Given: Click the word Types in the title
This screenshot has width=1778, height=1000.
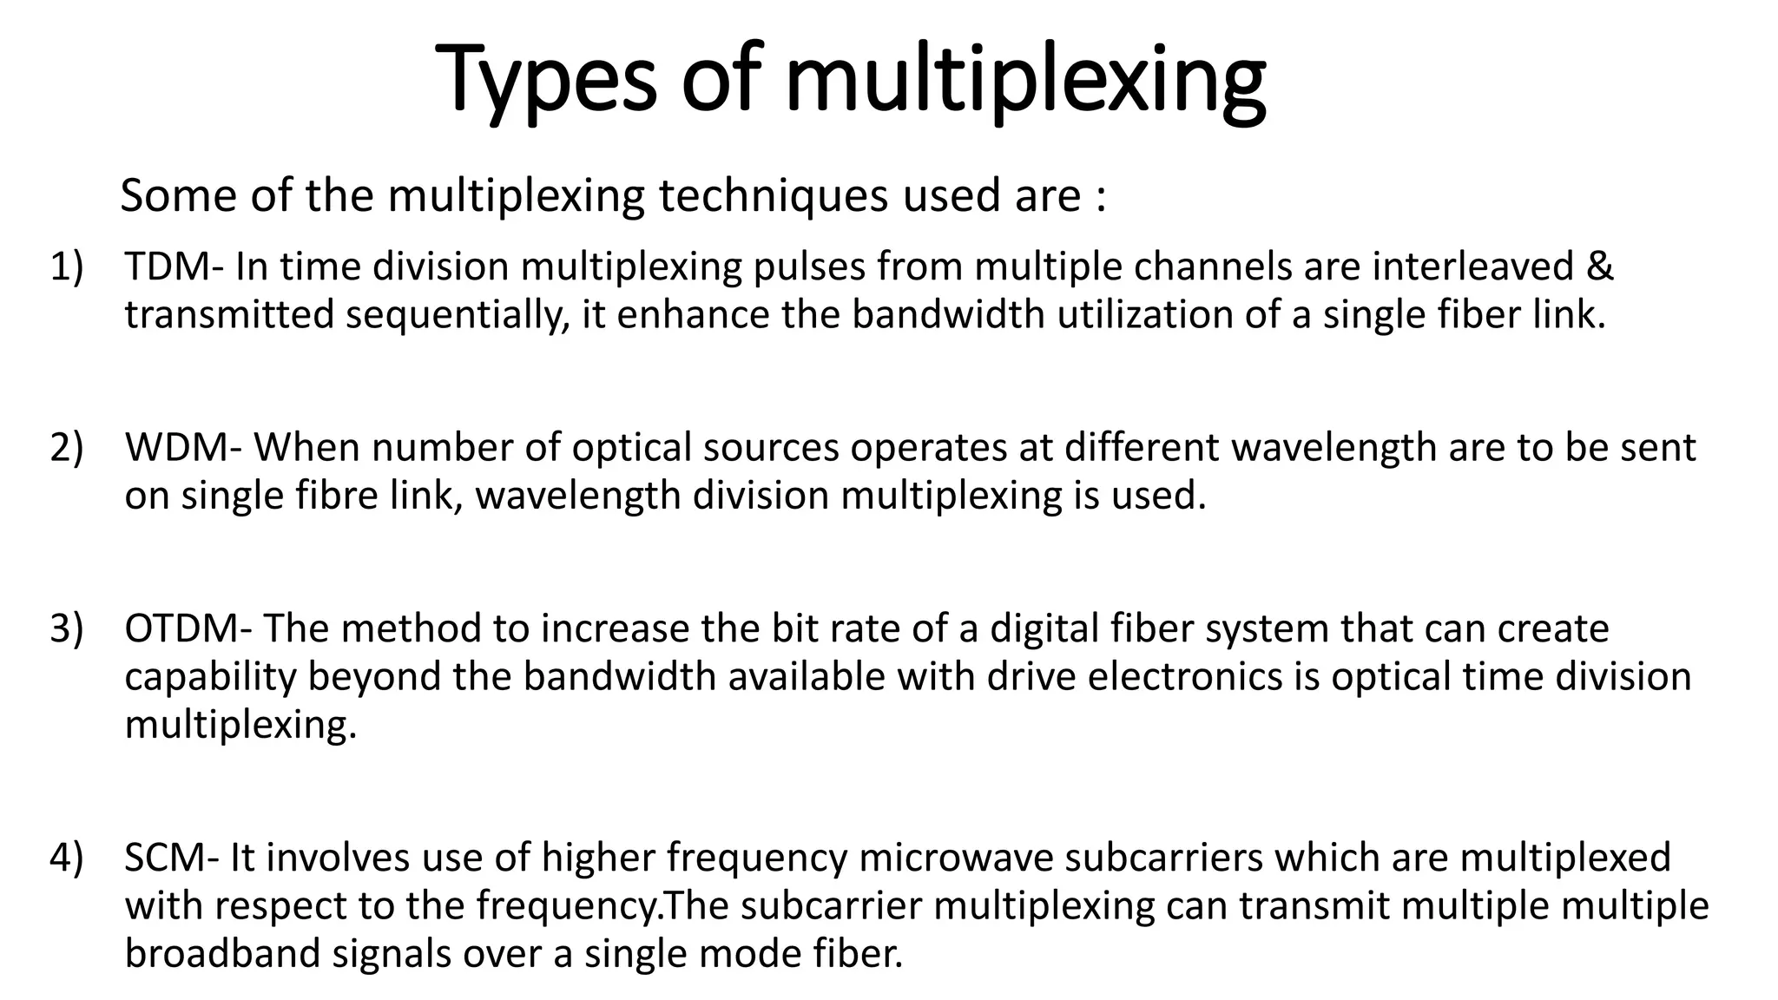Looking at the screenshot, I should click(x=545, y=80).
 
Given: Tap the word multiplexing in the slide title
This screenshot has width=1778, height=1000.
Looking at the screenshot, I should click(x=1024, y=80).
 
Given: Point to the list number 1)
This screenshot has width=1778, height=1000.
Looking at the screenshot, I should click(x=67, y=266).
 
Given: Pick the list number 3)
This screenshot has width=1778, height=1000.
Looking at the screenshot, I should click(x=67, y=629).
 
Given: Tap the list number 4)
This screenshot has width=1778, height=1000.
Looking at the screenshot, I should click(x=67, y=858).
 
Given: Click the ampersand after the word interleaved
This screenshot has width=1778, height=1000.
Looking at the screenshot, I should click(x=1599, y=266).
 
